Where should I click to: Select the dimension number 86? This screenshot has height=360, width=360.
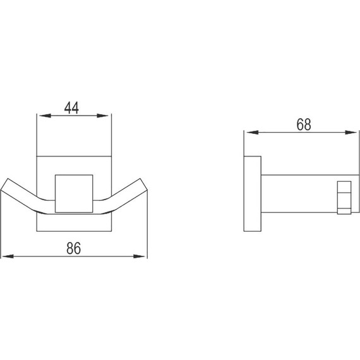click(75, 248)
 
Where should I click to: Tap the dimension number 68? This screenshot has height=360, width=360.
click(304, 124)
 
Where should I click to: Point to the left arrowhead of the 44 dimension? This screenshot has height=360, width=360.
click(42, 116)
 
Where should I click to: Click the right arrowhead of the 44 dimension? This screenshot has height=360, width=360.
click(107, 116)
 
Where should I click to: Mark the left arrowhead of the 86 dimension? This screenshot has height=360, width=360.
click(6, 256)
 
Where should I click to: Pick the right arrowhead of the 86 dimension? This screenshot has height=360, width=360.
click(143, 256)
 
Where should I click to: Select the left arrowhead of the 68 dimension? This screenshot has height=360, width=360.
click(249, 132)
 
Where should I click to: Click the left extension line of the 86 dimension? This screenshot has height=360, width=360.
click(2, 227)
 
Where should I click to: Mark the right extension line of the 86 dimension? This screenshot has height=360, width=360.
click(147, 227)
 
